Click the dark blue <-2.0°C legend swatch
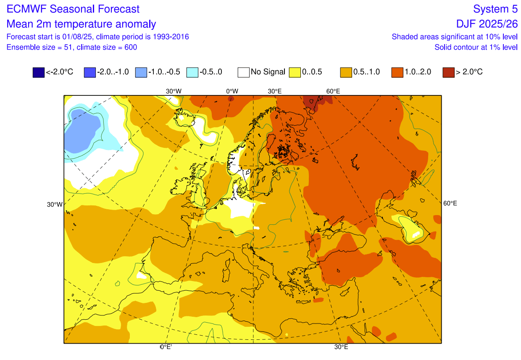point(38,72)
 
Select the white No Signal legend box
point(243,72)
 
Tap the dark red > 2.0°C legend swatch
point(448,72)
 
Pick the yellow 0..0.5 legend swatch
point(295,72)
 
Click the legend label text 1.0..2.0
point(418,72)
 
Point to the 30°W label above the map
point(174,91)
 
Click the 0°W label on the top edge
point(232,91)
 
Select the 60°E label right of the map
point(450,203)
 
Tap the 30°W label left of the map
point(55,205)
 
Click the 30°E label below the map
point(341,347)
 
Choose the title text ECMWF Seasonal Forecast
point(73,9)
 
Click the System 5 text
point(495,9)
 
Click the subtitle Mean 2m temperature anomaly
point(81,24)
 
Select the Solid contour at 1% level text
point(476,47)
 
